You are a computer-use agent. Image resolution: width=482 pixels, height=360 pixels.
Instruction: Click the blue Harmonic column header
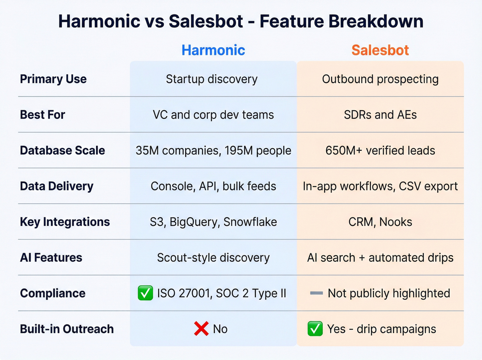click(213, 50)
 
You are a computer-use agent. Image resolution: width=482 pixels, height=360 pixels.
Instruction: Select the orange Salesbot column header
click(380, 50)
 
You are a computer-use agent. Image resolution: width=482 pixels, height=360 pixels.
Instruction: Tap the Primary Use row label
click(53, 79)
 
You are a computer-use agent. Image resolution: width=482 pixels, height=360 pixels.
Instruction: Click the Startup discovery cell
click(212, 79)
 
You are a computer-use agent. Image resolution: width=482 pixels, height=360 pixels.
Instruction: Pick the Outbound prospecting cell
click(380, 79)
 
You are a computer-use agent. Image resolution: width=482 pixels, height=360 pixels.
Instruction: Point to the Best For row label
click(42, 115)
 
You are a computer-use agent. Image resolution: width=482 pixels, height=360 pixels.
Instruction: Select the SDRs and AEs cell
click(380, 115)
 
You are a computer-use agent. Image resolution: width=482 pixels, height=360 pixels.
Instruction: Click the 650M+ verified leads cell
click(380, 151)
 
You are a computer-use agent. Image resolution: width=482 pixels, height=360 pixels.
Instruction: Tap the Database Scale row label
click(62, 151)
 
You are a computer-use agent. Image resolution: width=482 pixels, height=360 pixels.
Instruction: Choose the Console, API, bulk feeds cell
click(213, 186)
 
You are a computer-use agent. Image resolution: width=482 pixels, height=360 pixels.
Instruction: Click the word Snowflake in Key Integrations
click(250, 222)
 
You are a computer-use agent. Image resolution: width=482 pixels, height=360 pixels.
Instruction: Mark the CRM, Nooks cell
click(380, 222)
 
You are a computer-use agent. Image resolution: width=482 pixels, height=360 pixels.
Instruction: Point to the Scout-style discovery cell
click(213, 258)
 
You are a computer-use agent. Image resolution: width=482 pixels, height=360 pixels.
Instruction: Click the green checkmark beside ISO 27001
click(145, 293)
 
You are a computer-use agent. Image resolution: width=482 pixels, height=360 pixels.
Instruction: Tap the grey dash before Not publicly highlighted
click(316, 293)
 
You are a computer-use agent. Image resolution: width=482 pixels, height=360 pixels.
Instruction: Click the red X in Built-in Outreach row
click(201, 329)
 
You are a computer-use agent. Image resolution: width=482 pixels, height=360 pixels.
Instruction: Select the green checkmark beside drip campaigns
click(315, 329)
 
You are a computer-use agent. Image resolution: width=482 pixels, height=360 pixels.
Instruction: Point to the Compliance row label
click(53, 293)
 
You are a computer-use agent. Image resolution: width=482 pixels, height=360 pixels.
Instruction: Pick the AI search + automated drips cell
click(380, 258)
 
